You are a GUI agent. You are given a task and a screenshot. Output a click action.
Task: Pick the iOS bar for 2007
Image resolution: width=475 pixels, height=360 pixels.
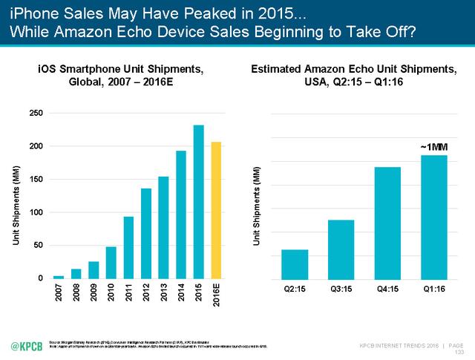coord(58,277)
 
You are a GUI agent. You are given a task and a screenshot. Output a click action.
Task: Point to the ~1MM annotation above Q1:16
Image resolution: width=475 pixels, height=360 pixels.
coord(434,146)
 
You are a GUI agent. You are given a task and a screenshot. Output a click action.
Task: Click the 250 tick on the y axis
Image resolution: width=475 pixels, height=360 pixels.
coord(36,113)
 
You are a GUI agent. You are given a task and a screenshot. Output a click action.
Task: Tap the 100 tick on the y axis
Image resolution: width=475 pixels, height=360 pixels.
coord(36,212)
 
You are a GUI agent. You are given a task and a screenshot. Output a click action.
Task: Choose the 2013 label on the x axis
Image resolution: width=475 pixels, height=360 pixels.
coord(164,292)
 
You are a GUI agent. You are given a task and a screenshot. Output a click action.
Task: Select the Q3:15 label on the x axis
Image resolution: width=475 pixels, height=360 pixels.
coord(341,289)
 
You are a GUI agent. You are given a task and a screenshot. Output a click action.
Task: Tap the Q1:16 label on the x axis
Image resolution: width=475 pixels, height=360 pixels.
coord(434,289)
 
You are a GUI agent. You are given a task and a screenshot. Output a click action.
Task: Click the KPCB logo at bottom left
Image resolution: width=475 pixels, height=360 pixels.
coord(25,345)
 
